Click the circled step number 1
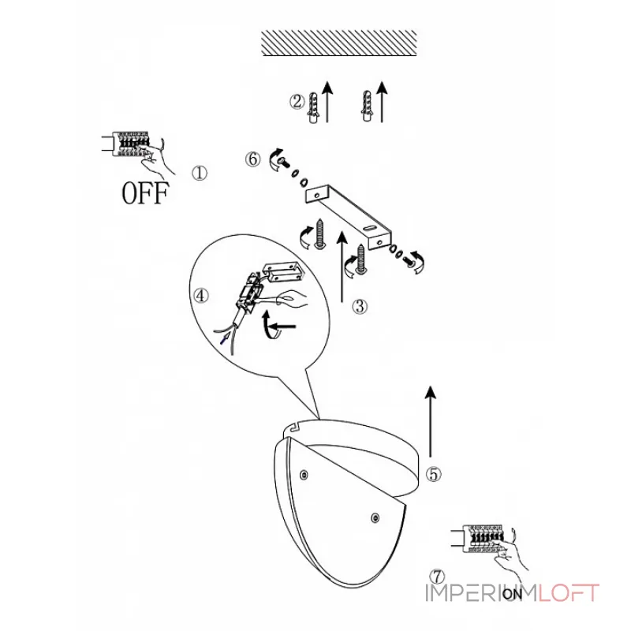coord(200,174)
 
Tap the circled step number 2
coord(297,102)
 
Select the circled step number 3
coord(360,307)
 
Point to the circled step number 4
coord(201,296)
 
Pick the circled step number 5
coord(433,474)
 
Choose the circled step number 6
coord(252,159)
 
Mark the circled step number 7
coord(437,577)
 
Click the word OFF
coord(144,193)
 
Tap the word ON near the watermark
coord(512,594)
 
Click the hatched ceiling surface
coord(339,43)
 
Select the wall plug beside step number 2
coord(312,107)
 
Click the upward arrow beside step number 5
coord(431,422)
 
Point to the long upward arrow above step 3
coord(342,267)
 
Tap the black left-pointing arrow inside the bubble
coord(284,326)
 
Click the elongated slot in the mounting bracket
coord(369,228)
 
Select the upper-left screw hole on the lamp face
coord(304,475)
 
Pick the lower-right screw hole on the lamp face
coord(375,518)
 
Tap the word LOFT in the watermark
coord(569,593)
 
